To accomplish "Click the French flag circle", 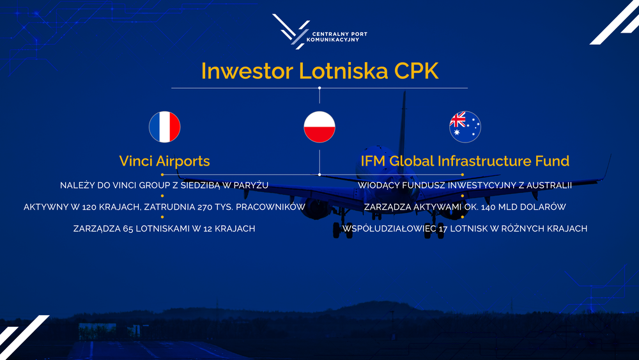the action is (165, 127).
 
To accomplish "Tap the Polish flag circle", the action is (319, 127).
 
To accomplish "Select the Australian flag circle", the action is (465, 127).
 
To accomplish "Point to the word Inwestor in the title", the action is (247, 71).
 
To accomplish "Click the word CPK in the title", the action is (416, 71).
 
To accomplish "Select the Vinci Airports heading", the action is (165, 161).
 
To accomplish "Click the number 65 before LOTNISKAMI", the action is (128, 229).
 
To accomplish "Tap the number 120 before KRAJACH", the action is (89, 207).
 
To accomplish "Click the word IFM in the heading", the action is (373, 161).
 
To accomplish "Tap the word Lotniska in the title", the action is (344, 71).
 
